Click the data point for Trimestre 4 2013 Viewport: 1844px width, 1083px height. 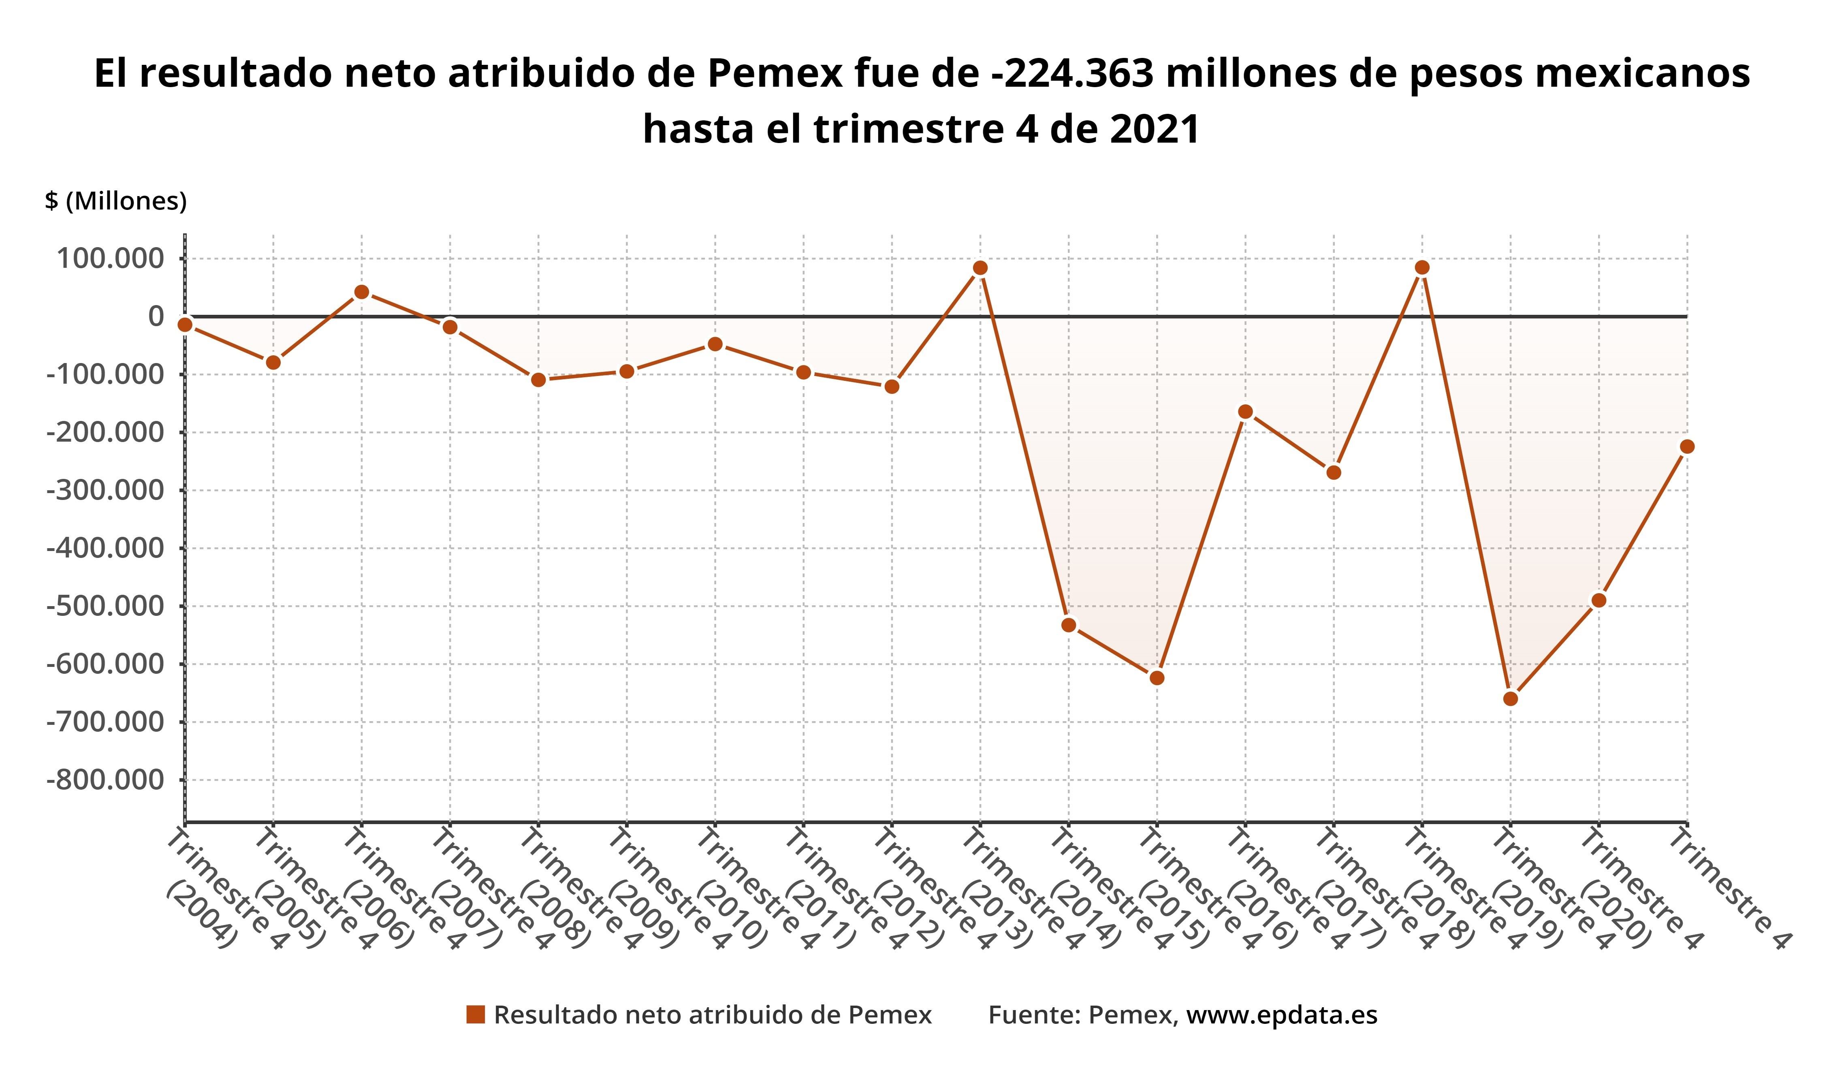(980, 268)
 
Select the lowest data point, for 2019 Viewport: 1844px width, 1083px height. (1510, 699)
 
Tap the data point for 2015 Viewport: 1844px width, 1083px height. (1157, 677)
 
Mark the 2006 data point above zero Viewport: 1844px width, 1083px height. (361, 292)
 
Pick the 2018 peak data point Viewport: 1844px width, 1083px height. (1422, 267)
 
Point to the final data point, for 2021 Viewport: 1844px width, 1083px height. (1687, 446)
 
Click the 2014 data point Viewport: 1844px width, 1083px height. (1068, 624)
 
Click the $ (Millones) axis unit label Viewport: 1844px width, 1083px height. (115, 201)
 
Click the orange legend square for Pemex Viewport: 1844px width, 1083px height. (476, 1015)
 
